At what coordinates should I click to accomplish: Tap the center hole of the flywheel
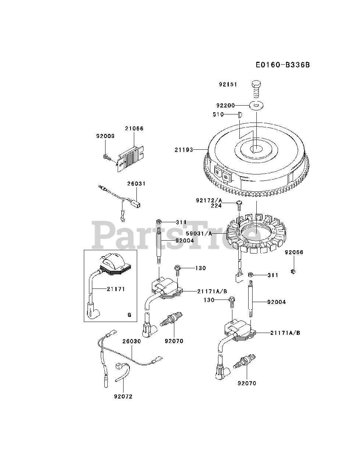coord(256,149)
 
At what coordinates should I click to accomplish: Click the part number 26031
coord(137,183)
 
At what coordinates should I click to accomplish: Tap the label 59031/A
coord(209,233)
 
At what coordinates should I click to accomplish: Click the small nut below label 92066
coord(294,272)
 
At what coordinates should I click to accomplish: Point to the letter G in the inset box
coord(129,315)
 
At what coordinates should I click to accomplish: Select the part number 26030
coord(132,341)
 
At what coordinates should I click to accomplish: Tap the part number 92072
coord(123,396)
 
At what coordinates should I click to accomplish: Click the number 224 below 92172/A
coord(216,206)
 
